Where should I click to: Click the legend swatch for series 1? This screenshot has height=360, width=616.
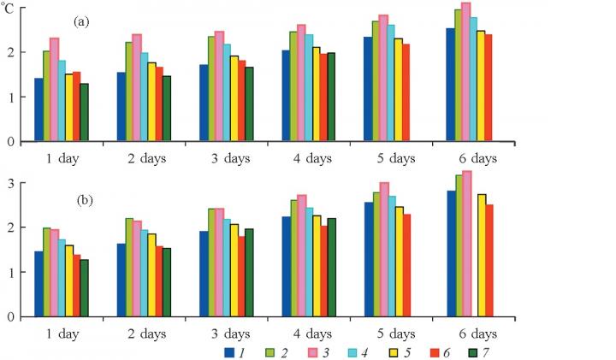click(229, 351)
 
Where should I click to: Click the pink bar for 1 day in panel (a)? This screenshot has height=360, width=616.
click(54, 89)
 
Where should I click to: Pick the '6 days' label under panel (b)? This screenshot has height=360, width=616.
click(473, 333)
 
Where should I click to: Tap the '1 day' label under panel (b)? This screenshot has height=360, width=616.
click(63, 333)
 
